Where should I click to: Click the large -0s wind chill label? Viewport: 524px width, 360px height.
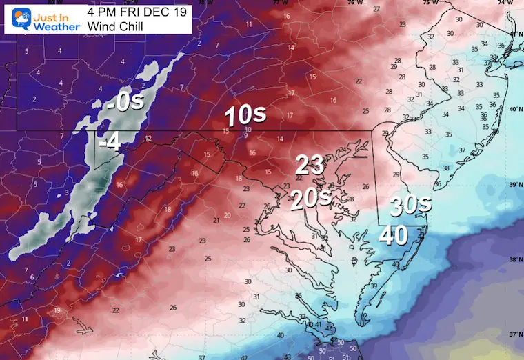pyautogui.click(x=125, y=103)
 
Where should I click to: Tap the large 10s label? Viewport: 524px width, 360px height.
pyautogui.click(x=245, y=115)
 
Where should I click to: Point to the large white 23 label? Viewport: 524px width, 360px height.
pyautogui.click(x=310, y=166)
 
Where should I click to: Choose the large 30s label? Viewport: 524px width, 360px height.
pyautogui.click(x=411, y=205)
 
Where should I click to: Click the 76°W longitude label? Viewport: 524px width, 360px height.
pyautogui.click(x=354, y=3)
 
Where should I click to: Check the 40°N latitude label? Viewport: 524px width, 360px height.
pyautogui.click(x=514, y=110)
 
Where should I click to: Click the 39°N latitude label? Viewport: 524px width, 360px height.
pyautogui.click(x=514, y=185)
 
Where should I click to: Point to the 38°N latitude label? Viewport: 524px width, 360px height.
pyautogui.click(x=514, y=260)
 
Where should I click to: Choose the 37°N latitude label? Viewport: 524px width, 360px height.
pyautogui.click(x=514, y=334)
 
